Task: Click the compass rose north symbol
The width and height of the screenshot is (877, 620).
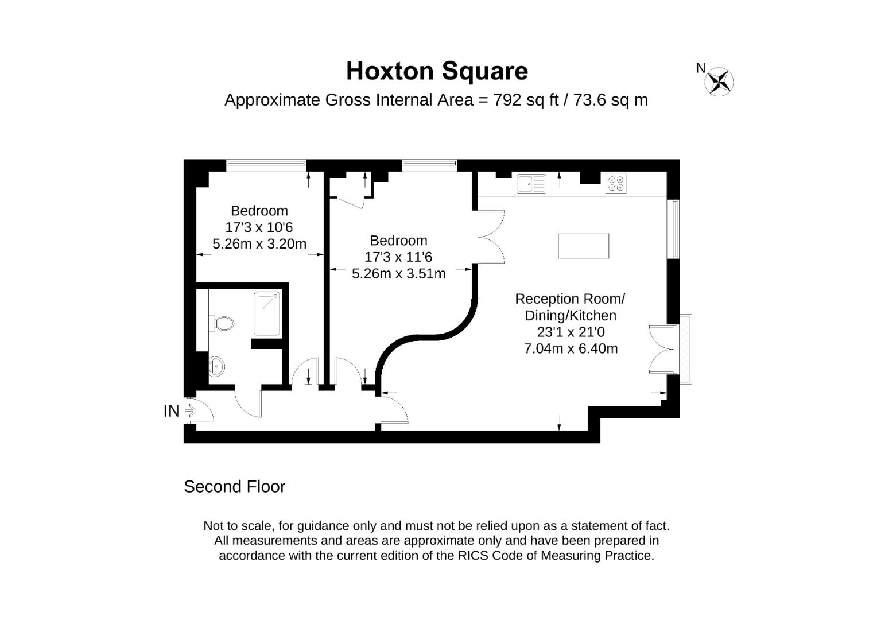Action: coord(719,81)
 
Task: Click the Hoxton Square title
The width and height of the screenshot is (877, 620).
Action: coord(437,71)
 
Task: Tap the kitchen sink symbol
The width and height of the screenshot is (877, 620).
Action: coord(531,184)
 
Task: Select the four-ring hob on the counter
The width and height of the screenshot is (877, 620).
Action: coord(616,183)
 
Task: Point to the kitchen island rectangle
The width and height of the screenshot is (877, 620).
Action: coord(583,246)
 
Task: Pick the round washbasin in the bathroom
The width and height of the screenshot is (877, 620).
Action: coord(216,366)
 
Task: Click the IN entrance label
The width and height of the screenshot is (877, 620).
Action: coord(172,411)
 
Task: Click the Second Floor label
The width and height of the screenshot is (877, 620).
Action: coord(234,487)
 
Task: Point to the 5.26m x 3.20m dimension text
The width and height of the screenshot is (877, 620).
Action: coord(259,244)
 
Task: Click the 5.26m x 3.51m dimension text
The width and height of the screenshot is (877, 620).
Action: coord(398,274)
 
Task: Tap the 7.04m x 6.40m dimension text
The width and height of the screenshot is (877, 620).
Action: coord(571,348)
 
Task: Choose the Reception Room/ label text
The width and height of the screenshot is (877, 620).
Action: coord(569,299)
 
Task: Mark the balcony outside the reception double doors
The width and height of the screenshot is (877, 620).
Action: coord(686,349)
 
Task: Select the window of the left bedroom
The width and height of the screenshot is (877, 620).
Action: coord(266,165)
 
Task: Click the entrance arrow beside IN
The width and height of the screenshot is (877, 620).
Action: coord(191,411)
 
